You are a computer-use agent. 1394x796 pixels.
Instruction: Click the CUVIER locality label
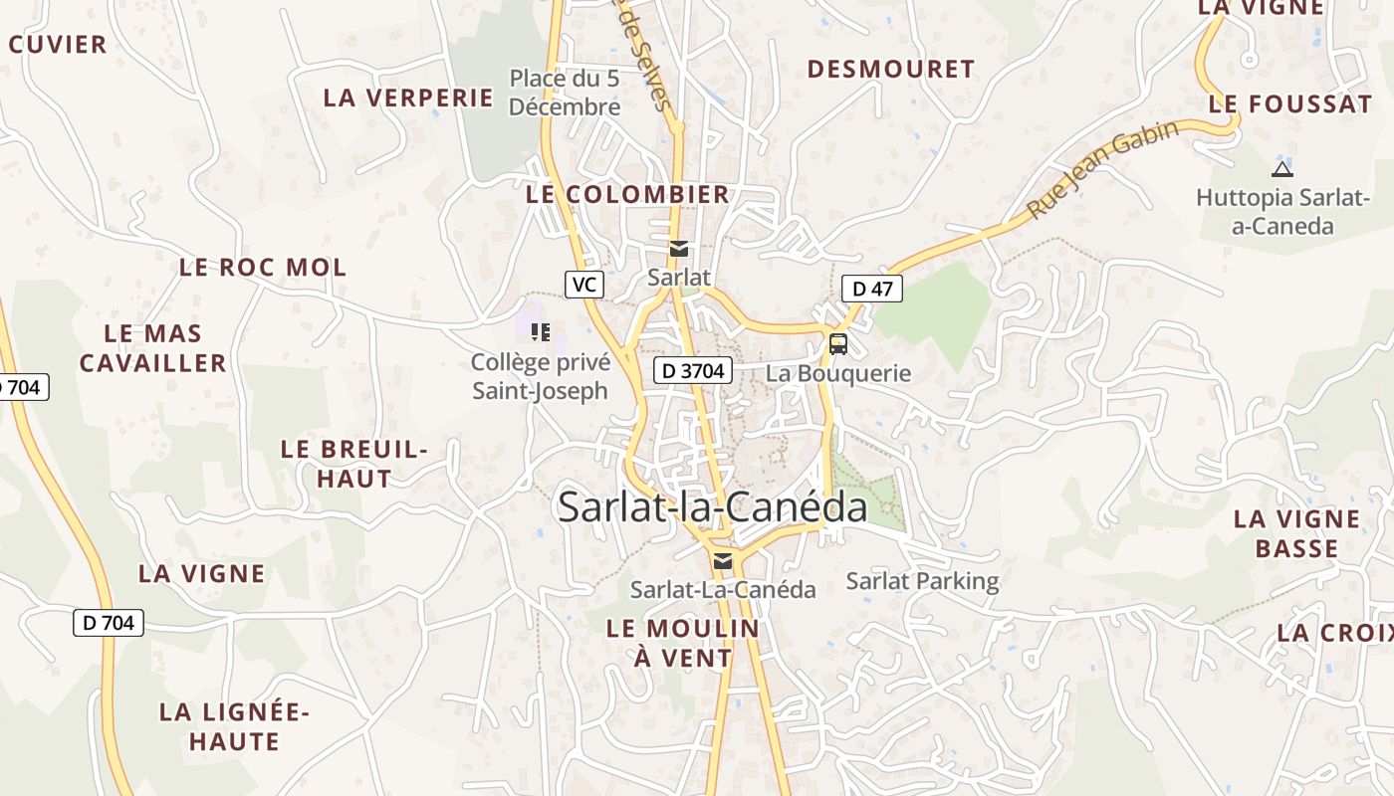tap(58, 45)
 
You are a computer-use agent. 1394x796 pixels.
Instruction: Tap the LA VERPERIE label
tap(408, 98)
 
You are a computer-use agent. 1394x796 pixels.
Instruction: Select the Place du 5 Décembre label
tap(565, 93)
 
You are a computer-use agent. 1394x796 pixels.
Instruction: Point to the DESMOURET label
tap(890, 69)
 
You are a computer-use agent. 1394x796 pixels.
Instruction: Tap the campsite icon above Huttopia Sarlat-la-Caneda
tap(1281, 169)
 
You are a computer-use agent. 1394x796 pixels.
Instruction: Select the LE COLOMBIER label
tap(627, 195)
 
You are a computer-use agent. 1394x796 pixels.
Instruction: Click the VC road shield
tap(583, 285)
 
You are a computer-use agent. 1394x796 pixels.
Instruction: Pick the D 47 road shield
tap(871, 290)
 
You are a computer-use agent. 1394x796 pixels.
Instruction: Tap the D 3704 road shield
tap(693, 371)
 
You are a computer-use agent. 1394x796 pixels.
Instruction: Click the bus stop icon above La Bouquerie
tap(838, 344)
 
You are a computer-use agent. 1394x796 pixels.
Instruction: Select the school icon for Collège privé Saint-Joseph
tap(540, 331)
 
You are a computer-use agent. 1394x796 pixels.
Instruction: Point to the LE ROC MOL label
tap(263, 268)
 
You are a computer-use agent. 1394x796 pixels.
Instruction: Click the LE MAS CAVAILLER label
tap(153, 348)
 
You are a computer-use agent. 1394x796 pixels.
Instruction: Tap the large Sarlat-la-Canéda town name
tap(712, 507)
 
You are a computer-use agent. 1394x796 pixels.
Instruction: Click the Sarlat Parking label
tap(922, 581)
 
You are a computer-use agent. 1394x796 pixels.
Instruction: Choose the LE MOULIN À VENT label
tap(683, 643)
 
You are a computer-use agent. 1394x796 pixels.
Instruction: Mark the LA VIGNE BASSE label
tap(1296, 533)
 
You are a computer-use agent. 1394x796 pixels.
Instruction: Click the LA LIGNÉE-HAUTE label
tap(235, 726)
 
